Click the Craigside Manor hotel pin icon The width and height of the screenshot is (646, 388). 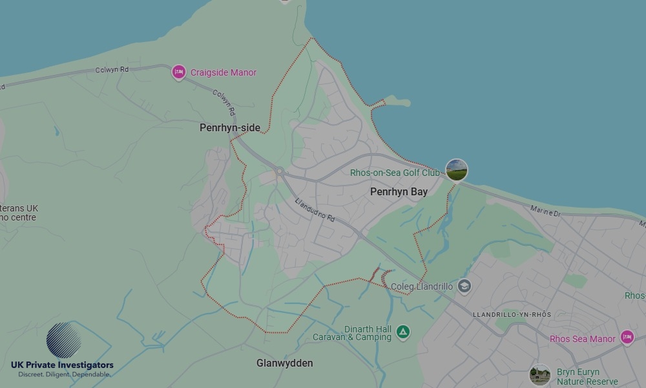pos(179,72)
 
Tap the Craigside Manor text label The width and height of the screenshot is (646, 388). pos(224,73)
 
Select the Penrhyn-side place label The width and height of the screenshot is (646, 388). pos(230,128)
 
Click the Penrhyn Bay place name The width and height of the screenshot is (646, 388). pos(399,192)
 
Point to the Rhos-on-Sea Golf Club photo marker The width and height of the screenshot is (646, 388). pos(457,171)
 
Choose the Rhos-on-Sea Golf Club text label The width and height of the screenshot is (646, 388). pos(394,173)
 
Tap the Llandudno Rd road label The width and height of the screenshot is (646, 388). pos(315,210)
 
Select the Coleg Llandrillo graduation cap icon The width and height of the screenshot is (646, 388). pos(464,286)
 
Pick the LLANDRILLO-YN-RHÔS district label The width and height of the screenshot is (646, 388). pos(512,314)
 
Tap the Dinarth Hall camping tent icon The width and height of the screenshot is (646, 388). pos(403,332)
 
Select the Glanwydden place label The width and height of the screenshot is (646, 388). pos(284,363)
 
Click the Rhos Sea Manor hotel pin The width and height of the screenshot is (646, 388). pos(626,337)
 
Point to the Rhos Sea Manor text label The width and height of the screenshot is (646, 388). pos(582,339)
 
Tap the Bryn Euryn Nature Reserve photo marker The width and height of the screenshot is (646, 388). pos(539,375)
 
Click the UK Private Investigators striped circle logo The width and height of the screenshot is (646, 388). pos(64,340)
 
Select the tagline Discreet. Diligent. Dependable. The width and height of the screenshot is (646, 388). pos(64,375)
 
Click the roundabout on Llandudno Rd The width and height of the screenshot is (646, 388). pos(279,172)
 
